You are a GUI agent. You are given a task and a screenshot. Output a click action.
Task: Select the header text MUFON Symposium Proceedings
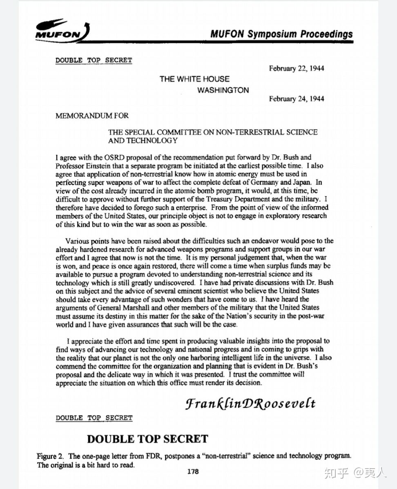point(281,34)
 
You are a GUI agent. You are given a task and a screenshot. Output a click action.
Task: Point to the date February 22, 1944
point(297,68)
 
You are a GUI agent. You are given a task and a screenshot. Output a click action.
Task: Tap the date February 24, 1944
point(297,98)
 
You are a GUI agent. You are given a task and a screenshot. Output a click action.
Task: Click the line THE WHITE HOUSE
point(194,79)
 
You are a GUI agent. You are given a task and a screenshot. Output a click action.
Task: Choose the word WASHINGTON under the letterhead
point(223,90)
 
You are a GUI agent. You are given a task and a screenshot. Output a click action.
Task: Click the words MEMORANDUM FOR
point(92,116)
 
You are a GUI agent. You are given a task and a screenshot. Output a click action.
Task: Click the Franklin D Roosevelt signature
point(250,404)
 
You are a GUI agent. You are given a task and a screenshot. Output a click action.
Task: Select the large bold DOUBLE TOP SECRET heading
point(147,439)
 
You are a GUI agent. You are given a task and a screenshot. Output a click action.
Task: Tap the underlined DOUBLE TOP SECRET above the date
point(94,60)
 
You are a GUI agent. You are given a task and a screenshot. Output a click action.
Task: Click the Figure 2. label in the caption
point(51,456)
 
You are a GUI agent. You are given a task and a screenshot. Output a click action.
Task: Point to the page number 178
point(193,471)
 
